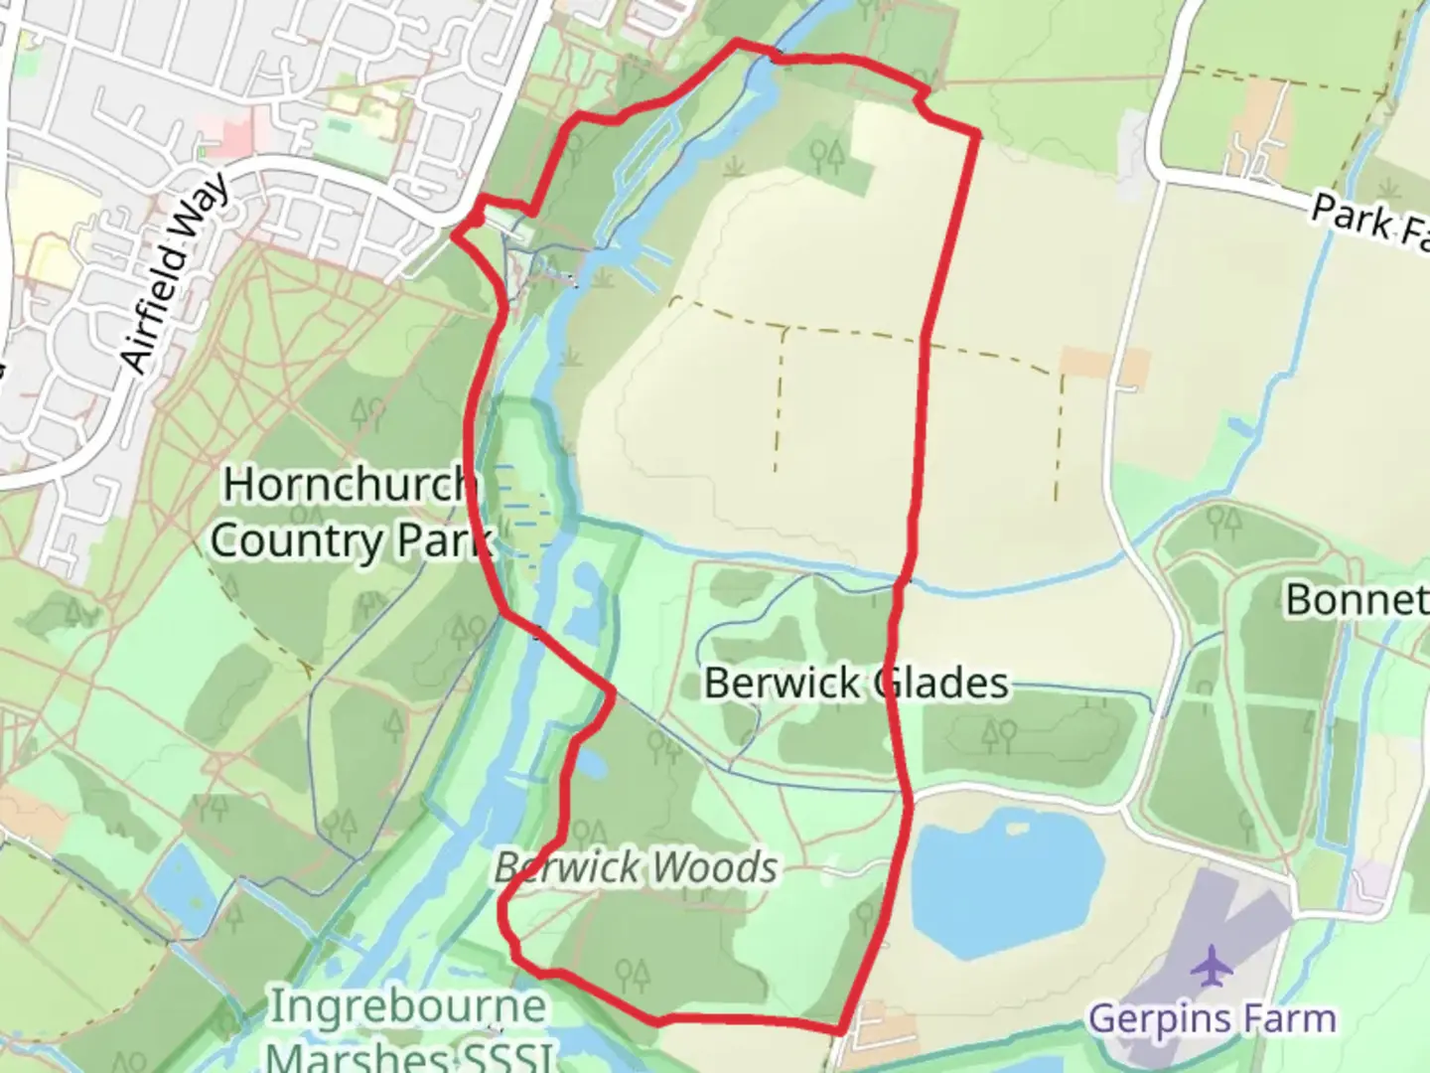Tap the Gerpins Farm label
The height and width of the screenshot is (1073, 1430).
[1212, 1019]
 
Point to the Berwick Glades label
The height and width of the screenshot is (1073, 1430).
[856, 684]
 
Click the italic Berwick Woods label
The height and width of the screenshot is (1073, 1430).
[636, 868]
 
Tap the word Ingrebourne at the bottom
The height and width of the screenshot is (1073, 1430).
[408, 1006]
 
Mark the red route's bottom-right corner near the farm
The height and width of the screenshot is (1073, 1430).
[842, 1029]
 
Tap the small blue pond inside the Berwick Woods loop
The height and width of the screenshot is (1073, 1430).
[590, 763]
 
